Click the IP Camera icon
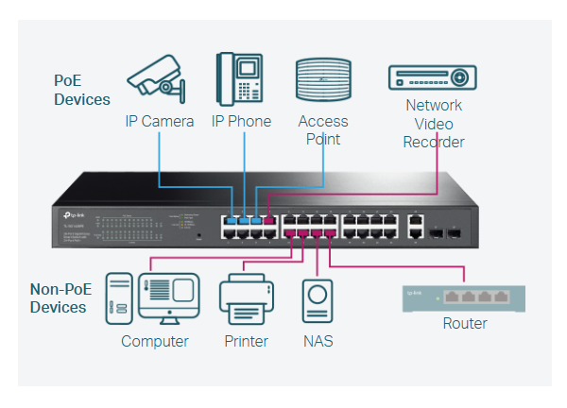pos(159,79)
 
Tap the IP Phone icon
pos(240,79)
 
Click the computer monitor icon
pos(169,299)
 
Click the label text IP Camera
pos(160,122)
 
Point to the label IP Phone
pos(241,122)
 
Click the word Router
pos(465,324)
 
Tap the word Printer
pos(246,341)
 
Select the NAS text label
pos(318,341)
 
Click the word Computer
pos(155,341)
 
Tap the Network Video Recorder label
pos(434,124)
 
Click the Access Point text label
pos(323,130)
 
